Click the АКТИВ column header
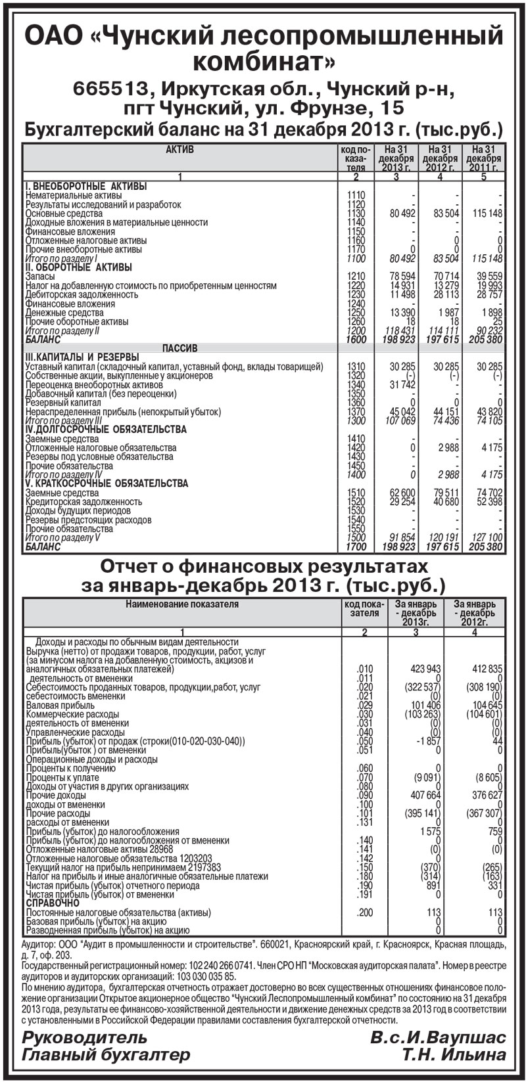coord(179,150)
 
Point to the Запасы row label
coord(41,277)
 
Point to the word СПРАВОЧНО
coord(52,903)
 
